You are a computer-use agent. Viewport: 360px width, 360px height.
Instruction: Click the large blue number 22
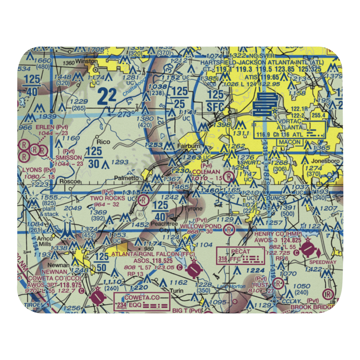[107, 96]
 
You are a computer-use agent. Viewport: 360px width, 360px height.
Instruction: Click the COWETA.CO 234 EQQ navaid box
[142, 301]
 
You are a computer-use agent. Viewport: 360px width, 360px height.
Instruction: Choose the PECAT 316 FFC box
[238, 256]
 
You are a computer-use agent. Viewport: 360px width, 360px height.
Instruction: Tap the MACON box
[290, 142]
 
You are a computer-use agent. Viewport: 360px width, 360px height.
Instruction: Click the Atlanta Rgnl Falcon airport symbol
[194, 269]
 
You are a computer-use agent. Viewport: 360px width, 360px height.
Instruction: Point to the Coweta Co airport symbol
[97, 297]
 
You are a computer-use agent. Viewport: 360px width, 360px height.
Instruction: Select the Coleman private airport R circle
[228, 176]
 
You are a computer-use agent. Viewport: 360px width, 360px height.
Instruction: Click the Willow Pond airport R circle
[228, 229]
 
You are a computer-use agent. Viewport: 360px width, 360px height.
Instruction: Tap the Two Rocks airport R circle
[143, 199]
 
